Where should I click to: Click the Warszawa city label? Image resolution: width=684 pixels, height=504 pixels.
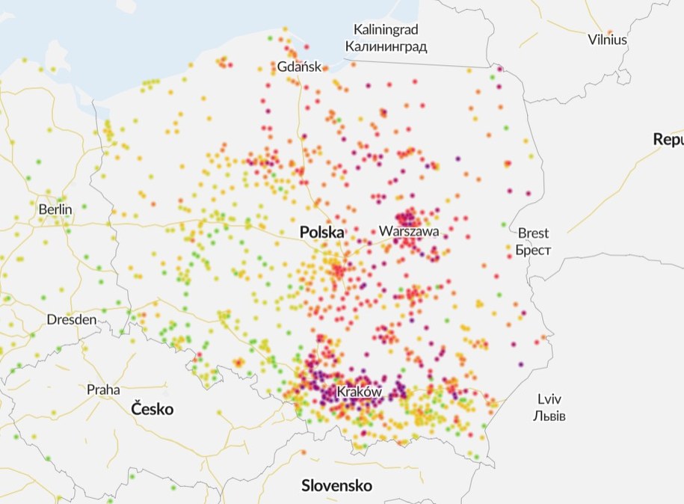[408, 231]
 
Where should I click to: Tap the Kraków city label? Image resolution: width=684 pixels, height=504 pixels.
[359, 392]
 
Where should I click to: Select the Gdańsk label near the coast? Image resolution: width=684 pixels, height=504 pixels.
[299, 67]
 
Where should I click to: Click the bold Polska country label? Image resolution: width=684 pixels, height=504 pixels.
[321, 233]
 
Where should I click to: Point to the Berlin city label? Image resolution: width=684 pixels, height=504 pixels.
[55, 209]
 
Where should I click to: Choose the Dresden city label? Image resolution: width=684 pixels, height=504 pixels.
[72, 319]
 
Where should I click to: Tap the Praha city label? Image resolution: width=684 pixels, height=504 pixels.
[103, 390]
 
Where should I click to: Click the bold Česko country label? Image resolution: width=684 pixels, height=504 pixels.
[152, 409]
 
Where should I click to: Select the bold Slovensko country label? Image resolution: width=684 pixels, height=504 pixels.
[336, 485]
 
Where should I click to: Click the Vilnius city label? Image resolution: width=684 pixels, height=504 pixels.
[607, 40]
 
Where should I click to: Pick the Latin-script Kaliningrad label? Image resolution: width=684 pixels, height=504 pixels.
[386, 30]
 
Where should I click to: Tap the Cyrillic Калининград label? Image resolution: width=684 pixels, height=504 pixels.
[386, 46]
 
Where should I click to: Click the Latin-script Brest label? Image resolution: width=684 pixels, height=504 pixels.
[533, 233]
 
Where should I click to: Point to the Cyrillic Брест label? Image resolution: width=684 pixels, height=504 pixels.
[533, 251]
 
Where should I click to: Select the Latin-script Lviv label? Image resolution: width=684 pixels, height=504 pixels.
[549, 399]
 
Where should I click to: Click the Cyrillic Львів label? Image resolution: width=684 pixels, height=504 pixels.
[549, 416]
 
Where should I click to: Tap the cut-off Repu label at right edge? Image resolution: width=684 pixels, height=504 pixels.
[668, 139]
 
